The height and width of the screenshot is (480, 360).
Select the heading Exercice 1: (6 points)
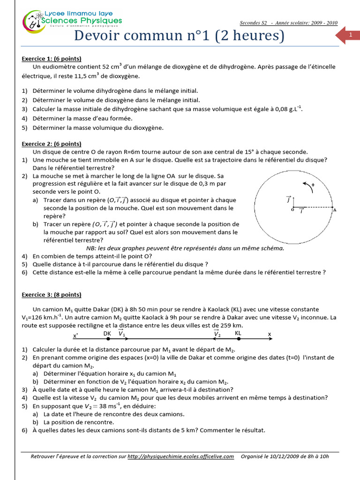coord(52,59)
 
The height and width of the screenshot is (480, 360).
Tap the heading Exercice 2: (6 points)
coord(52,144)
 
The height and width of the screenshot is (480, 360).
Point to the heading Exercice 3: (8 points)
coord(52,294)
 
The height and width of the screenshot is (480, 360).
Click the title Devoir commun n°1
coord(180,36)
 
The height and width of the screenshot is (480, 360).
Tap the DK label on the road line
coord(107,333)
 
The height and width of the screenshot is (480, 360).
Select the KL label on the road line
coord(239,333)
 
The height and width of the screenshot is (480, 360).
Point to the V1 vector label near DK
coord(121,333)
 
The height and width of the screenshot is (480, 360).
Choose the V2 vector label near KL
coord(217,333)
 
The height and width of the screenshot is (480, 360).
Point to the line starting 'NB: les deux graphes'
coord(185,248)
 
